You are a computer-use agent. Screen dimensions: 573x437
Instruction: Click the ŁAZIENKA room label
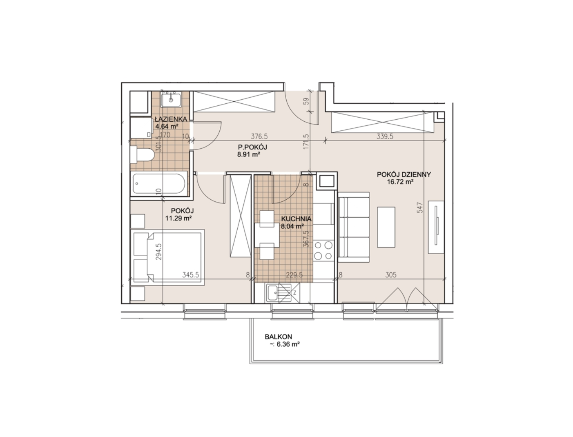[171, 119]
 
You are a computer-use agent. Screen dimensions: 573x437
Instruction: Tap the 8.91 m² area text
[248, 154]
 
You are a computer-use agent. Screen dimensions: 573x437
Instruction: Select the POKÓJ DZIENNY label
[404, 174]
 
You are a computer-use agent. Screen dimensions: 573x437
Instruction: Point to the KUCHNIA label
[296, 219]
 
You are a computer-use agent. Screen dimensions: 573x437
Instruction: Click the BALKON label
[278, 337]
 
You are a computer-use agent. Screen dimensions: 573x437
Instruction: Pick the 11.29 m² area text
[178, 218]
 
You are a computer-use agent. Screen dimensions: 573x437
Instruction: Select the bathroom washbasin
[171, 99]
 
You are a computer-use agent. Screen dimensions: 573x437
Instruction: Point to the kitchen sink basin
[273, 293]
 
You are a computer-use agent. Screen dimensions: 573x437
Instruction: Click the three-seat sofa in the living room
[354, 227]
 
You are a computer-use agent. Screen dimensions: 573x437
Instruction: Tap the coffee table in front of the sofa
[386, 227]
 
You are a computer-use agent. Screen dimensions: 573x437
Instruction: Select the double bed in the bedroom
[167, 257]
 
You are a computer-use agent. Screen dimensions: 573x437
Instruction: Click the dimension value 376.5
[259, 136]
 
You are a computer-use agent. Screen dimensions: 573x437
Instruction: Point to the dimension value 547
[419, 208]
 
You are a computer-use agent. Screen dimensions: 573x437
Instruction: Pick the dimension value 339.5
[385, 136]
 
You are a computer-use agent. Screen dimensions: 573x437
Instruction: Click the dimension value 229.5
[294, 274]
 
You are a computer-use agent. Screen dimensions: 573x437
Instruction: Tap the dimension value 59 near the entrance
[306, 101]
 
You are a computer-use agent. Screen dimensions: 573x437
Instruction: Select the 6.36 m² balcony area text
[288, 344]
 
